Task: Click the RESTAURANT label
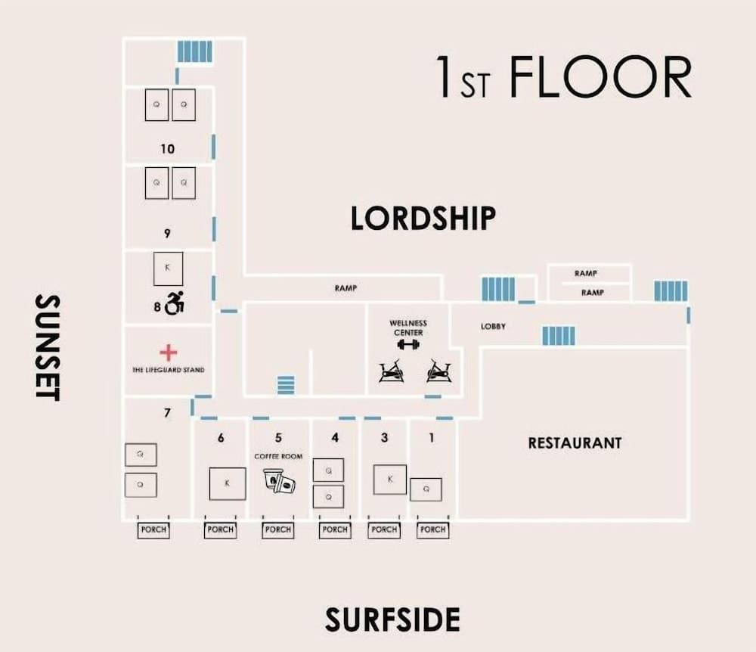coord(575,442)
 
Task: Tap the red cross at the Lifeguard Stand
coord(169,352)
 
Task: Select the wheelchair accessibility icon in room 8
coord(175,304)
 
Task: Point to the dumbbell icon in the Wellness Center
coord(407,345)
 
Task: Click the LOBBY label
coord(493,327)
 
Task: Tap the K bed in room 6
coord(227,483)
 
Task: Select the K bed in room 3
coord(390,479)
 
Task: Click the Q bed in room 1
coord(426,489)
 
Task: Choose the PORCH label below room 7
coord(153,530)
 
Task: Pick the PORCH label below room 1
coord(432,530)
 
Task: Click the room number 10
coord(167,149)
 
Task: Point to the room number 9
coord(167,233)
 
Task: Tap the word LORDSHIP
coord(423,218)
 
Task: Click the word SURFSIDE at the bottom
coord(392,619)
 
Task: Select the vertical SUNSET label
coord(47,347)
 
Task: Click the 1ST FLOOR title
coord(563,77)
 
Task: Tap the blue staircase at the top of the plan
coord(194,51)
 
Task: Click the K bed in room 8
coord(168,268)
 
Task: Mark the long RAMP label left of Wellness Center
coord(345,288)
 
